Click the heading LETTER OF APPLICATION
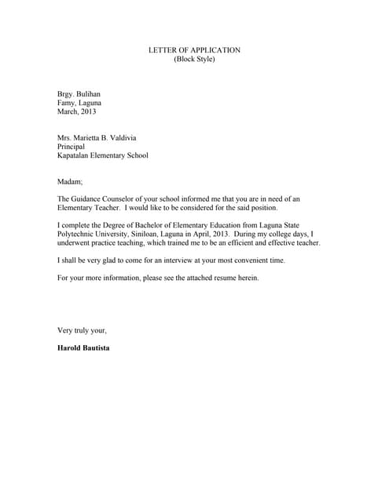(194, 50)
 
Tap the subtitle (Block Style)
(194, 60)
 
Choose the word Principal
(71, 146)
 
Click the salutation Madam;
(70, 180)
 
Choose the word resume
(230, 277)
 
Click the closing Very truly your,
(82, 330)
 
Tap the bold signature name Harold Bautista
(83, 347)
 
